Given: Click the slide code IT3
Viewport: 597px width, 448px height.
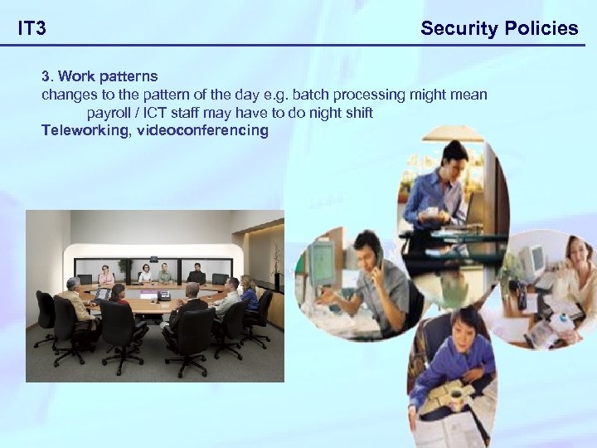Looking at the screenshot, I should point(32,29).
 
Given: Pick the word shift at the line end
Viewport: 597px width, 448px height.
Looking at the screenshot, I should point(356,112).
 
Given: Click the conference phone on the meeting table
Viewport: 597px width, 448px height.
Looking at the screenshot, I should point(163,295).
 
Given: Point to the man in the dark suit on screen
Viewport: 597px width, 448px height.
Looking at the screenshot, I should point(196,274).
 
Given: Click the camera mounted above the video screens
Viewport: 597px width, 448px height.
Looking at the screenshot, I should point(153,259).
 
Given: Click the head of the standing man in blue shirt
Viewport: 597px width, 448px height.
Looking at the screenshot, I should point(454,154).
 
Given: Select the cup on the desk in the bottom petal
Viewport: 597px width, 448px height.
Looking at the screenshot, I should point(454,392).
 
